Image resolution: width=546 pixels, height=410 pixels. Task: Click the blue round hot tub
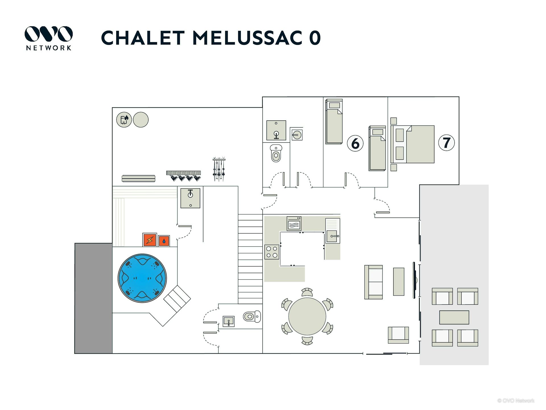[142, 278]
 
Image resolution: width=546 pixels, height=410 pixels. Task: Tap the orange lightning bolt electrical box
[150, 240]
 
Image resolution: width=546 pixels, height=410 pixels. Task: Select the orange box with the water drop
[164, 241]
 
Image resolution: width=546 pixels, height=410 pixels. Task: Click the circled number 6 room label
[355, 143]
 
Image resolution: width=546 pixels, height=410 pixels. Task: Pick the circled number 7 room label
[446, 143]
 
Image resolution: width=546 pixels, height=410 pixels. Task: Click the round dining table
[307, 316]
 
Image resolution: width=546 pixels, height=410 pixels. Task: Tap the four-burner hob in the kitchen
[272, 252]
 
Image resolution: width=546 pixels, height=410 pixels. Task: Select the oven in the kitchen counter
[294, 224]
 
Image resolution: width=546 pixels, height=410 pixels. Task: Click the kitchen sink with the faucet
[332, 236]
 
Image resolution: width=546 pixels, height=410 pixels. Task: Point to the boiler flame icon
[124, 120]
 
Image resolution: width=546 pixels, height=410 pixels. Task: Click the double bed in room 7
[415, 144]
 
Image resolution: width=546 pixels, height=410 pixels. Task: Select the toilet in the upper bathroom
[276, 154]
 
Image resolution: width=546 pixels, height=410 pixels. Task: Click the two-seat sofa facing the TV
[373, 282]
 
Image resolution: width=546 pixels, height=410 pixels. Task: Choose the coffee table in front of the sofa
[398, 281]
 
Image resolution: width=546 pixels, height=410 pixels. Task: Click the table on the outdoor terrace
[454, 317]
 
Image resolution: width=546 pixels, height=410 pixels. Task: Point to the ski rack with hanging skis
[219, 169]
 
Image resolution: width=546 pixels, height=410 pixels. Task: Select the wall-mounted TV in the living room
[415, 280]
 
